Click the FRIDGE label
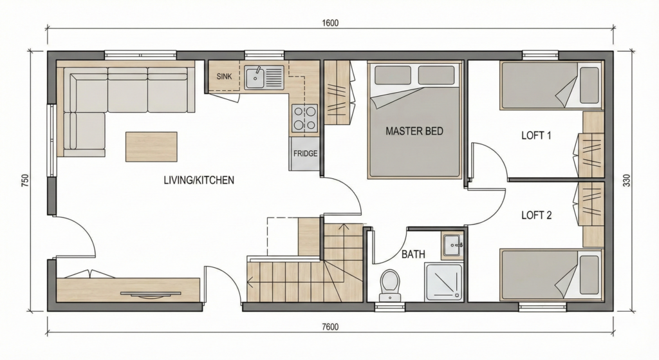pyautogui.click(x=305, y=153)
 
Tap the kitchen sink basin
pyautogui.click(x=255, y=77)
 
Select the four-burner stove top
pyautogui.click(x=304, y=118)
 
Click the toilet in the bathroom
pyautogui.click(x=389, y=284)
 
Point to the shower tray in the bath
pyautogui.click(x=444, y=282)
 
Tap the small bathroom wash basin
pyautogui.click(x=452, y=245)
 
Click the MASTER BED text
pyautogui.click(x=414, y=131)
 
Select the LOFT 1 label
pyautogui.click(x=536, y=135)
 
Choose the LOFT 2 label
pyautogui.click(x=536, y=215)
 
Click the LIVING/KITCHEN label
pyautogui.click(x=199, y=180)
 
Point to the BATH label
pyautogui.click(x=413, y=254)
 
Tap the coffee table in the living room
pyautogui.click(x=151, y=146)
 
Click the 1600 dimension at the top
pyautogui.click(x=330, y=23)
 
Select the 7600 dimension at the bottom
pyautogui.click(x=330, y=327)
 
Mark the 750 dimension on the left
pyautogui.click(x=24, y=180)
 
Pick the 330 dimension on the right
pyautogui.click(x=627, y=180)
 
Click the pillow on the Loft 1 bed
pyautogui.click(x=589, y=85)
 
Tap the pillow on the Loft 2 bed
pyautogui.click(x=589, y=274)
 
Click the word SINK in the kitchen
pyautogui.click(x=225, y=77)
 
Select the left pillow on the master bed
pyautogui.click(x=393, y=75)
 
